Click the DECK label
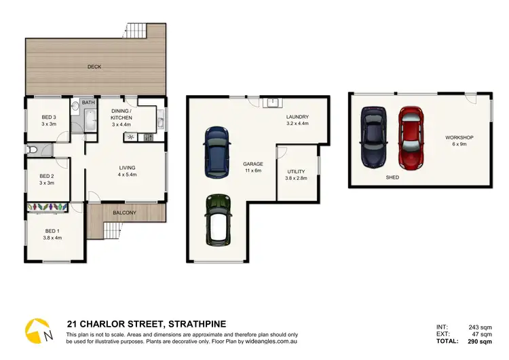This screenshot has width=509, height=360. tap(94, 67)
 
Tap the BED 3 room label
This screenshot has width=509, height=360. tap(47, 120)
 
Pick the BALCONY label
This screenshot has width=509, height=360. tap(126, 213)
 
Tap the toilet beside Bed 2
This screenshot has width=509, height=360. tap(32, 149)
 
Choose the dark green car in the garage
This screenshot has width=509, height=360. tap(217, 219)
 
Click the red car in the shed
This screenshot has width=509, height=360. tap(410, 138)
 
